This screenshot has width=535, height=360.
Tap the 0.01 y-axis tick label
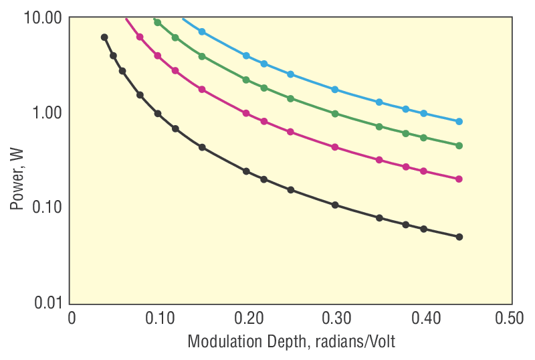pyautogui.click(x=47, y=302)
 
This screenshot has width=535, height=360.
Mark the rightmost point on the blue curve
pyautogui.click(x=459, y=122)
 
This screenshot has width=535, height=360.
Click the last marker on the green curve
pyautogui.click(x=459, y=145)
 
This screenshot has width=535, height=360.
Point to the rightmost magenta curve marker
pyautogui.click(x=459, y=179)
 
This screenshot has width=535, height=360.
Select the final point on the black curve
pyautogui.click(x=459, y=237)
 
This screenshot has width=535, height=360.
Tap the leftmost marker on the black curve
pyautogui.click(x=104, y=37)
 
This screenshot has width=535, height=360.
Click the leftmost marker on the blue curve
pyautogui.click(x=202, y=31)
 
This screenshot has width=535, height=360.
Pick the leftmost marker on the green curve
pyautogui.click(x=158, y=22)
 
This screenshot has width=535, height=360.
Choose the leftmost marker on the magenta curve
pyautogui.click(x=140, y=37)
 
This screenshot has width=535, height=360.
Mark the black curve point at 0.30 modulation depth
pyautogui.click(x=335, y=205)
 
